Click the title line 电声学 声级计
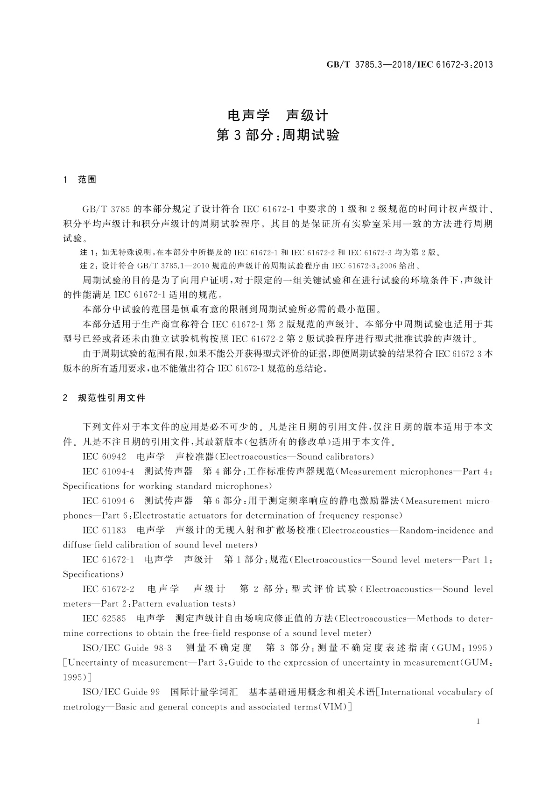[x=278, y=115]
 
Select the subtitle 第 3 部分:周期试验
[x=278, y=135]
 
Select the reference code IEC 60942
[x=104, y=456]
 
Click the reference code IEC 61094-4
[x=108, y=471]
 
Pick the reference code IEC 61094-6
[x=108, y=501]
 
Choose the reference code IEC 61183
[x=104, y=530]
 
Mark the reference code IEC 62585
[x=104, y=618]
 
